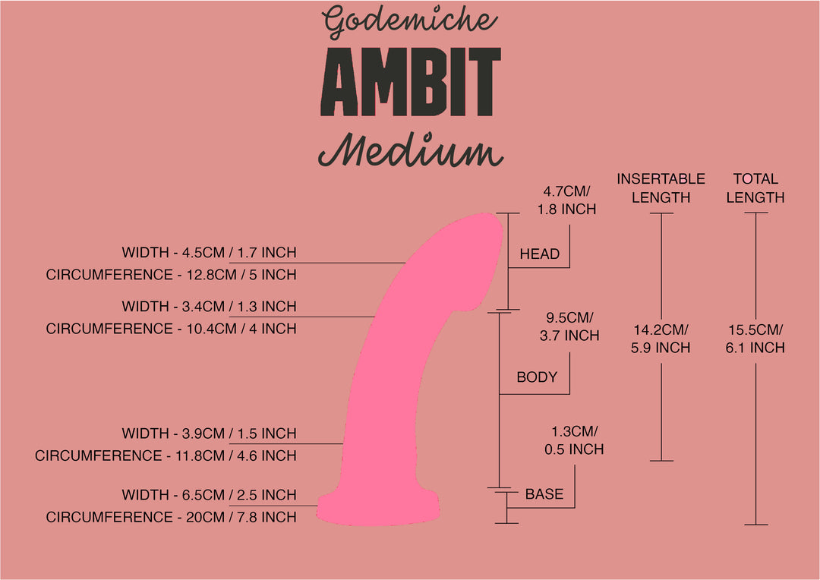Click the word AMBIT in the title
pyautogui.click(x=411, y=81)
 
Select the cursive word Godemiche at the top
pyautogui.click(x=411, y=22)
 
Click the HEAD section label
pyautogui.click(x=539, y=254)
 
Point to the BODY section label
pyautogui.click(x=537, y=377)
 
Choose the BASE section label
pyautogui.click(x=544, y=494)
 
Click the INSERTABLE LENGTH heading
pyautogui.click(x=661, y=188)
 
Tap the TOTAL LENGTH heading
pyautogui.click(x=755, y=188)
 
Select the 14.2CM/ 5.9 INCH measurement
pyautogui.click(x=661, y=339)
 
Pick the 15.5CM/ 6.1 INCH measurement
pyautogui.click(x=755, y=339)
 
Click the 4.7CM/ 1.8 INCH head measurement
pyautogui.click(x=566, y=200)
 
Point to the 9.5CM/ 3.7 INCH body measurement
pyautogui.click(x=569, y=326)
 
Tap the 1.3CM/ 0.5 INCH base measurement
pyautogui.click(x=574, y=440)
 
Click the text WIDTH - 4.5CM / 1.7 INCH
pyautogui.click(x=209, y=253)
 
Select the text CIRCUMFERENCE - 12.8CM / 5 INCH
pyautogui.click(x=171, y=275)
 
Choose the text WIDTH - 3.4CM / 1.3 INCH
pyautogui.click(x=209, y=307)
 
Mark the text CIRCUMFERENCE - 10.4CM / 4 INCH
pyautogui.click(x=171, y=329)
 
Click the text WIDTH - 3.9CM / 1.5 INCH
pyautogui.click(x=209, y=433)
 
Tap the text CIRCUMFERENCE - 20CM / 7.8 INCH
pyautogui.click(x=171, y=517)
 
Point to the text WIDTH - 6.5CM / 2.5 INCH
pyautogui.click(x=209, y=495)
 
